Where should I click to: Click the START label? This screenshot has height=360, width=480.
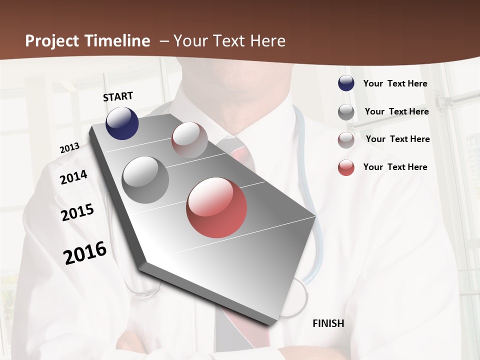pos(118,96)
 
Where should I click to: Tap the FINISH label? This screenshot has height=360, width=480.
pos(328,323)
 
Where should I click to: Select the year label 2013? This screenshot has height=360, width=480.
pos(69,148)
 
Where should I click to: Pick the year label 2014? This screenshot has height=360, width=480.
pos(73,177)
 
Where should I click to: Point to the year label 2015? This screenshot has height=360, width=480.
pos(77,212)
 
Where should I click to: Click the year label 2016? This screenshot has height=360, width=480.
pos(85,253)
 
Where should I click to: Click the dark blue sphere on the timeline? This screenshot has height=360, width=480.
pos(122,123)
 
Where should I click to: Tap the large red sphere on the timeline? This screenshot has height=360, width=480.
pos(216,207)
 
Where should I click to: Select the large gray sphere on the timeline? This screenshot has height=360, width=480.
pos(145,180)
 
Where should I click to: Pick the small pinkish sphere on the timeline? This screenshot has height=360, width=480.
pos(189,140)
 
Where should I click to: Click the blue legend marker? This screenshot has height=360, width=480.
pos(346,83)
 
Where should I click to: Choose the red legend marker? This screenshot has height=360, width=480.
pos(346,167)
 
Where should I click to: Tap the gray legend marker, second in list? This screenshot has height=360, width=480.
pos(346,112)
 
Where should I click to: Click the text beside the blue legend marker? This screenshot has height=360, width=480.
pos(395,83)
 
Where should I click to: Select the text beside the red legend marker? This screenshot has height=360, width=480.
pos(395,167)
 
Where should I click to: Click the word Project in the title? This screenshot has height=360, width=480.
pos(52,41)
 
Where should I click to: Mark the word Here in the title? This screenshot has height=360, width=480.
pos(268,41)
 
